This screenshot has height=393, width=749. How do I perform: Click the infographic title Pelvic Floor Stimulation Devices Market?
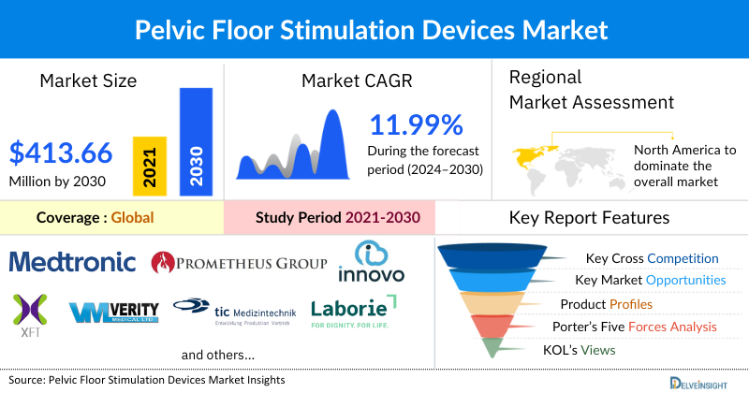point(374,29)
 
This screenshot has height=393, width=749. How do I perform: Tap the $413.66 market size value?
point(61,152)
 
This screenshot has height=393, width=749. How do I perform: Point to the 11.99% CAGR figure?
point(416,125)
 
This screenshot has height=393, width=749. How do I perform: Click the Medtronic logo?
point(72,260)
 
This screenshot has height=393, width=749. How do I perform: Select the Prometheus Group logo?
point(239,261)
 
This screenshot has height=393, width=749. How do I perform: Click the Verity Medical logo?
point(115,311)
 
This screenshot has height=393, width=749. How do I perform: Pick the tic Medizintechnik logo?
point(234,311)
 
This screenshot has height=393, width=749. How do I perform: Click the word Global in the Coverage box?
point(132,218)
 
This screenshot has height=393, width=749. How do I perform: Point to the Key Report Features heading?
point(589,218)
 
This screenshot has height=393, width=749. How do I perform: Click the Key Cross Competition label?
point(652,258)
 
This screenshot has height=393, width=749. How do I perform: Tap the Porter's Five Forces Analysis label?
point(638,327)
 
